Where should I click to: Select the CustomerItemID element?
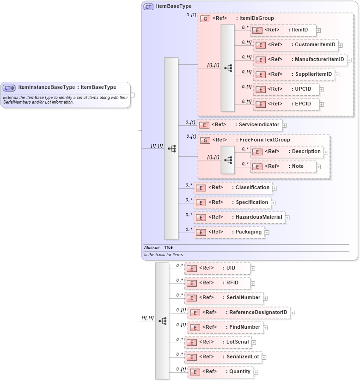[296, 45]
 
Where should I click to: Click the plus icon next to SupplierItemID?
[337, 74]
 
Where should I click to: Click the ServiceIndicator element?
[239, 125]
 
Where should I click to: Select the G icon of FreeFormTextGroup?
[205, 140]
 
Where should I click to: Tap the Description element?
[287, 152]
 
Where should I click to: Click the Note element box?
[283, 166]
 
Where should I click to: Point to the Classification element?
[233, 188]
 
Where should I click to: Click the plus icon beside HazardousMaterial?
[287, 217]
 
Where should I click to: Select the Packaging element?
[229, 232]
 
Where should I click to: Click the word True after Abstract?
[168, 247]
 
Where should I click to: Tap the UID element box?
[217, 268]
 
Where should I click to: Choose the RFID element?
[218, 283]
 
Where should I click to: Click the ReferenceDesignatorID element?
[239, 313]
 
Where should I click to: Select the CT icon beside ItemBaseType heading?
[148, 6]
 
